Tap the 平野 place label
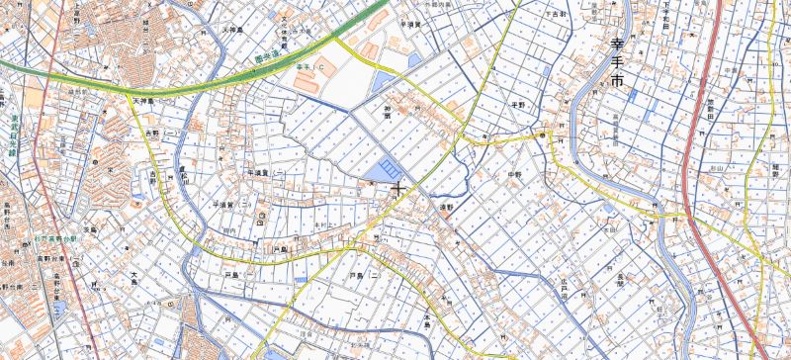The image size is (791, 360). click(x=516, y=103)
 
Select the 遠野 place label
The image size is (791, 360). click(x=446, y=208)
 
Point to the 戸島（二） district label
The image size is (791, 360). click(x=358, y=275)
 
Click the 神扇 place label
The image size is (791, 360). click(x=388, y=112)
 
